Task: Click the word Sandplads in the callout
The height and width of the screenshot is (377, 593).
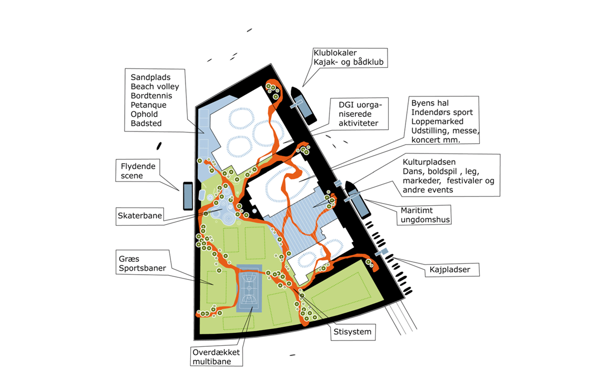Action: (150, 77)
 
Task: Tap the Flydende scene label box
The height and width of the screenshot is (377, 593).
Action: (138, 171)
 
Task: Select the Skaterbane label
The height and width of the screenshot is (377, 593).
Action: (140, 216)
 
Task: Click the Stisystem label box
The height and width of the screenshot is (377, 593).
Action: (353, 332)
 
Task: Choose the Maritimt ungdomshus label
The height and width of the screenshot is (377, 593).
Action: (425, 215)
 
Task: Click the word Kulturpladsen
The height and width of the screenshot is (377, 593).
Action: (429, 162)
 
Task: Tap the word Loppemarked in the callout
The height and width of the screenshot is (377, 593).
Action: (437, 121)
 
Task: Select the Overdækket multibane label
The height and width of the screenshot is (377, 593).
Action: (216, 357)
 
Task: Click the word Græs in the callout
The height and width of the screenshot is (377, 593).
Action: (129, 259)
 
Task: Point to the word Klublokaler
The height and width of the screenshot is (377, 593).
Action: (335, 53)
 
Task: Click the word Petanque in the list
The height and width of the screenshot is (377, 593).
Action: (149, 105)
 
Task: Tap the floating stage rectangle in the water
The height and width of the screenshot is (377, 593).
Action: (188, 196)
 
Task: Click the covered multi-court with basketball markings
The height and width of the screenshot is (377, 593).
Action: (249, 288)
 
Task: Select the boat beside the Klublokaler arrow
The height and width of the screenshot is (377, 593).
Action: (304, 106)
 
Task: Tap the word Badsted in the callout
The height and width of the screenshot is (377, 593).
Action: (146, 123)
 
